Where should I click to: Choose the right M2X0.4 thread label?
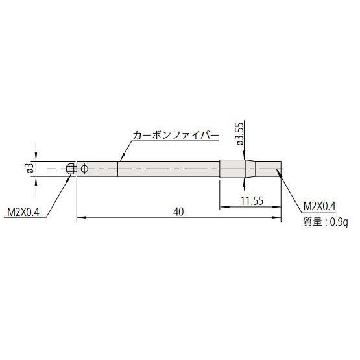[x=320, y=206]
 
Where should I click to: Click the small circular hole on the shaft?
[x=84, y=169]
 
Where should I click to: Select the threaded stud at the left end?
[x=71, y=169]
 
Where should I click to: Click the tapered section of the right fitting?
[x=248, y=169]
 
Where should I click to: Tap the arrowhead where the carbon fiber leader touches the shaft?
[x=118, y=160]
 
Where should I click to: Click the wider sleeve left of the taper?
[x=232, y=169]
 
